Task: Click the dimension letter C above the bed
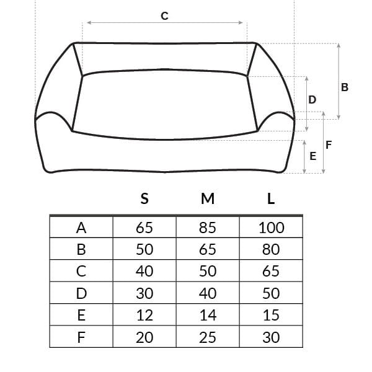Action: [x=164, y=16]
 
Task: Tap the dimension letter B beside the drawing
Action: [x=345, y=87]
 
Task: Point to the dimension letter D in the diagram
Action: [x=312, y=100]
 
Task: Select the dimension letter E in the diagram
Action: [x=313, y=156]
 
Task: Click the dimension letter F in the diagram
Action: [x=329, y=145]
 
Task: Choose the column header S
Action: [x=144, y=198]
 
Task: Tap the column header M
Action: [x=208, y=198]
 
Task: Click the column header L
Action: [x=271, y=198]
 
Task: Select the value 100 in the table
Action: [x=272, y=228]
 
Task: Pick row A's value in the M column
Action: [x=208, y=228]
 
